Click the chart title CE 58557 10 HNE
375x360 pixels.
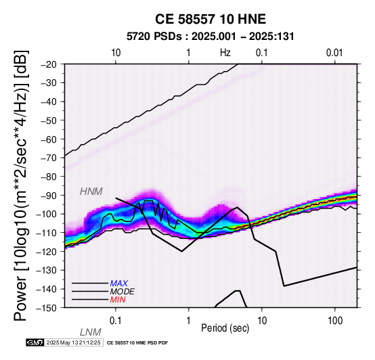point(211,19)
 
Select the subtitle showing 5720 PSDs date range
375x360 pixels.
point(211,37)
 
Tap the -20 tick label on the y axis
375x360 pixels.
point(49,64)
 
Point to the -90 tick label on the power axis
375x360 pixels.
point(49,196)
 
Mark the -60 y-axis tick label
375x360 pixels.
point(49,139)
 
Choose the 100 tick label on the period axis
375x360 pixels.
point(335,321)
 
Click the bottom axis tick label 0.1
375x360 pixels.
point(116,321)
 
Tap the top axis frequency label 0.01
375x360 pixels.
point(335,53)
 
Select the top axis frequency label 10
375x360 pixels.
point(116,53)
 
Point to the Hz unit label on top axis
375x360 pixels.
point(225,53)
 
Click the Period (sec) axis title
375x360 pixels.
point(225,328)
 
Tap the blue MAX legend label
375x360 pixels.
point(119,284)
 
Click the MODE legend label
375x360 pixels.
point(123,292)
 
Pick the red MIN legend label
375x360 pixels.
point(118,300)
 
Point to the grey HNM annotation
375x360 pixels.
point(91,192)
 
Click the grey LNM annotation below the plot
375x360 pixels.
point(91,332)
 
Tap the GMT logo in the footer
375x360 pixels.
point(35,343)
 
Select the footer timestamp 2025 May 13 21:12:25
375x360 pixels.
point(74,343)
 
